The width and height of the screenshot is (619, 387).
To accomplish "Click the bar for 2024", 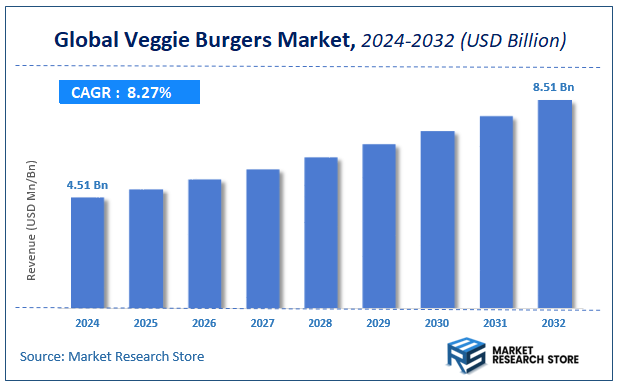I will pos(87,252).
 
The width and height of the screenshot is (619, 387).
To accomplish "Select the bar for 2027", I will pos(263,238).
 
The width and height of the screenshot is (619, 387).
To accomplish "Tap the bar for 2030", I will pos(437,218).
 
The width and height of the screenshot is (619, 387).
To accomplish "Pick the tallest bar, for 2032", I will pos(555,203).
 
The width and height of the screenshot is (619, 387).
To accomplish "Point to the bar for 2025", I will pos(146,248).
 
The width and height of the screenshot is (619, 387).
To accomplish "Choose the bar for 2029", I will pos(379,225).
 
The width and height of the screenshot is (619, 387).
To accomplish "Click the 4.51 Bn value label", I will pos(87,185).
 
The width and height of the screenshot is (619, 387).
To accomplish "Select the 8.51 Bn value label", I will pos(554,87).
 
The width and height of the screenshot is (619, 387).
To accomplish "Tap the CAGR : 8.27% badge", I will pos(129,92).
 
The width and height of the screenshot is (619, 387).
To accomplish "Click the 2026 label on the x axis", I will pos(204,324).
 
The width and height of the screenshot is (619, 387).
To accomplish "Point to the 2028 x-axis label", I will pos(320,324).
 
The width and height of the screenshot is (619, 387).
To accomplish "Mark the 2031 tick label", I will pos(496,324).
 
